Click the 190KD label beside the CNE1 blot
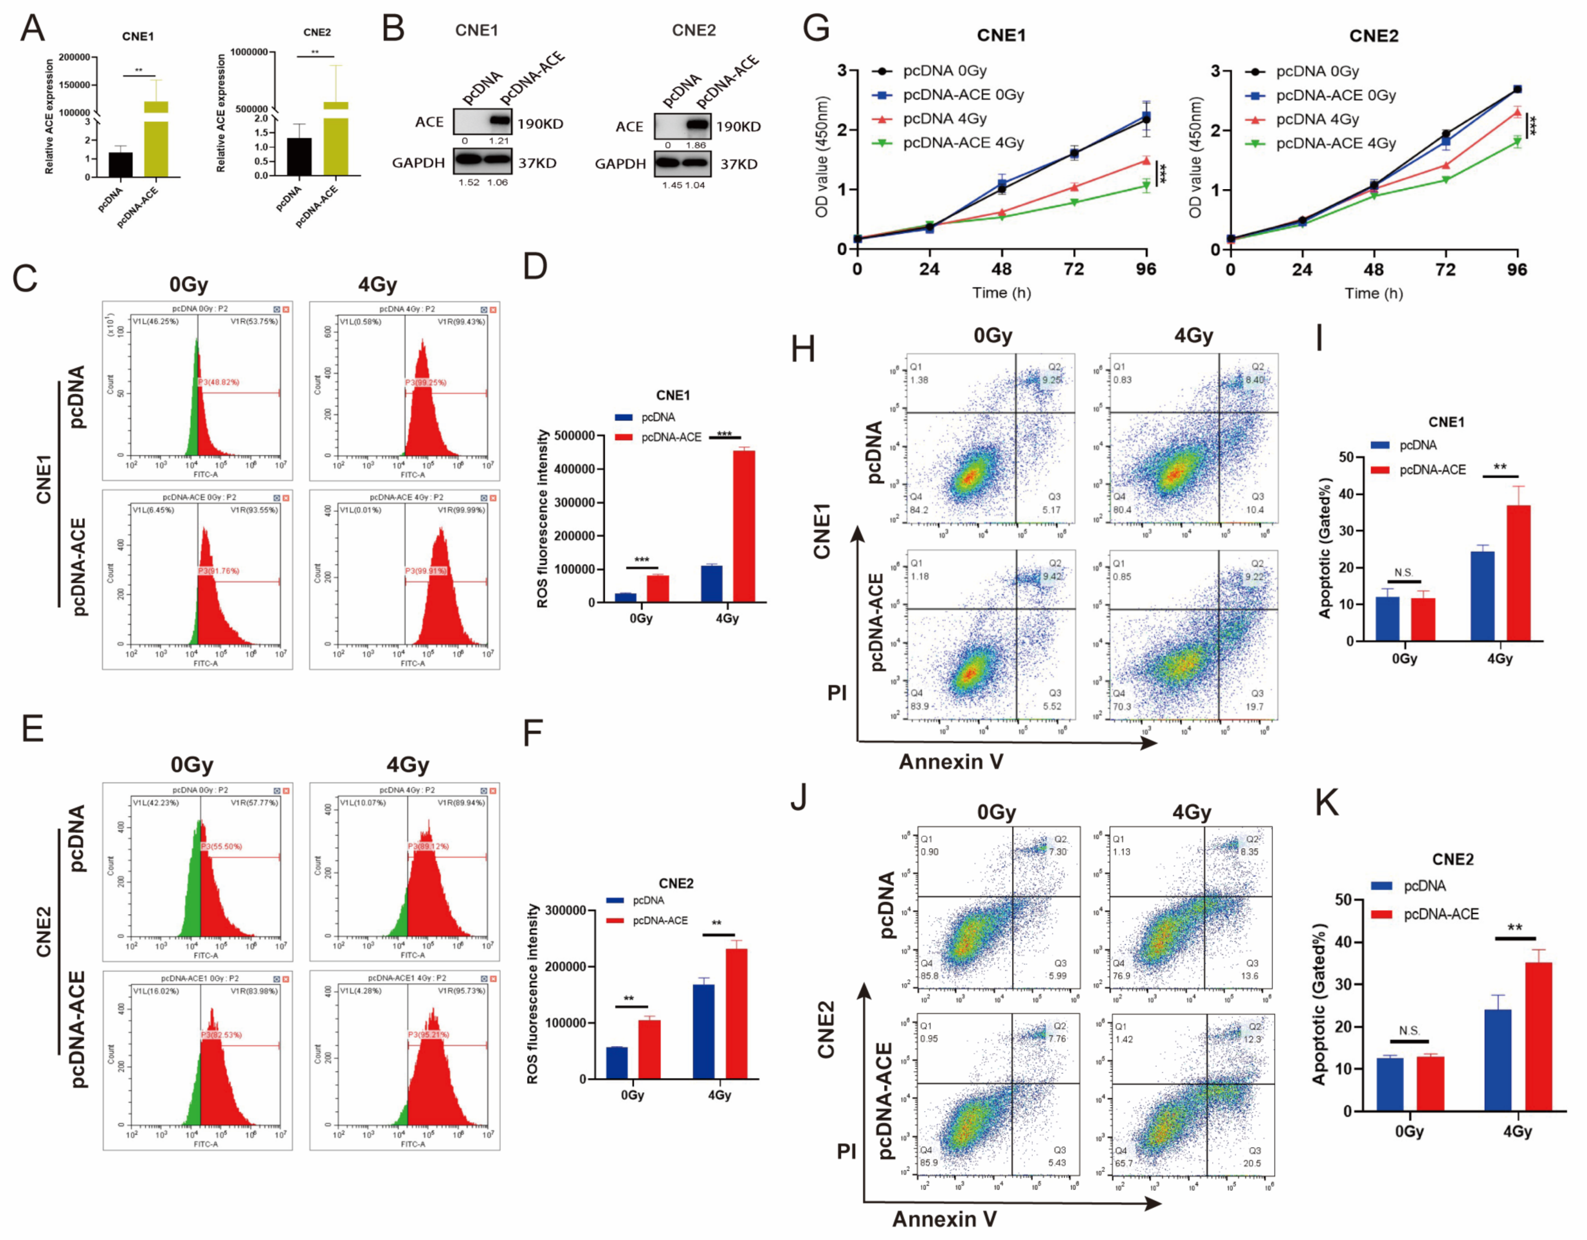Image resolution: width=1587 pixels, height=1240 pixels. (540, 124)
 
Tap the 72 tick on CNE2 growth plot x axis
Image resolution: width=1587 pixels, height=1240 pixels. (1445, 270)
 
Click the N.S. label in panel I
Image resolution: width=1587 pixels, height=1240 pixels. (1403, 573)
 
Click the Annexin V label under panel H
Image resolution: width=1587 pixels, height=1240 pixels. (951, 761)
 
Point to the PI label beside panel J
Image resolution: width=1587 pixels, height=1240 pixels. (846, 1151)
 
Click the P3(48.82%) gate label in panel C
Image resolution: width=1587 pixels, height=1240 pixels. (219, 381)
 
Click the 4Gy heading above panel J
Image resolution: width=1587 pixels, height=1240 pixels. (1192, 812)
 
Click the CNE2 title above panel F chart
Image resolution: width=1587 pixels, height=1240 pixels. (676, 883)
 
